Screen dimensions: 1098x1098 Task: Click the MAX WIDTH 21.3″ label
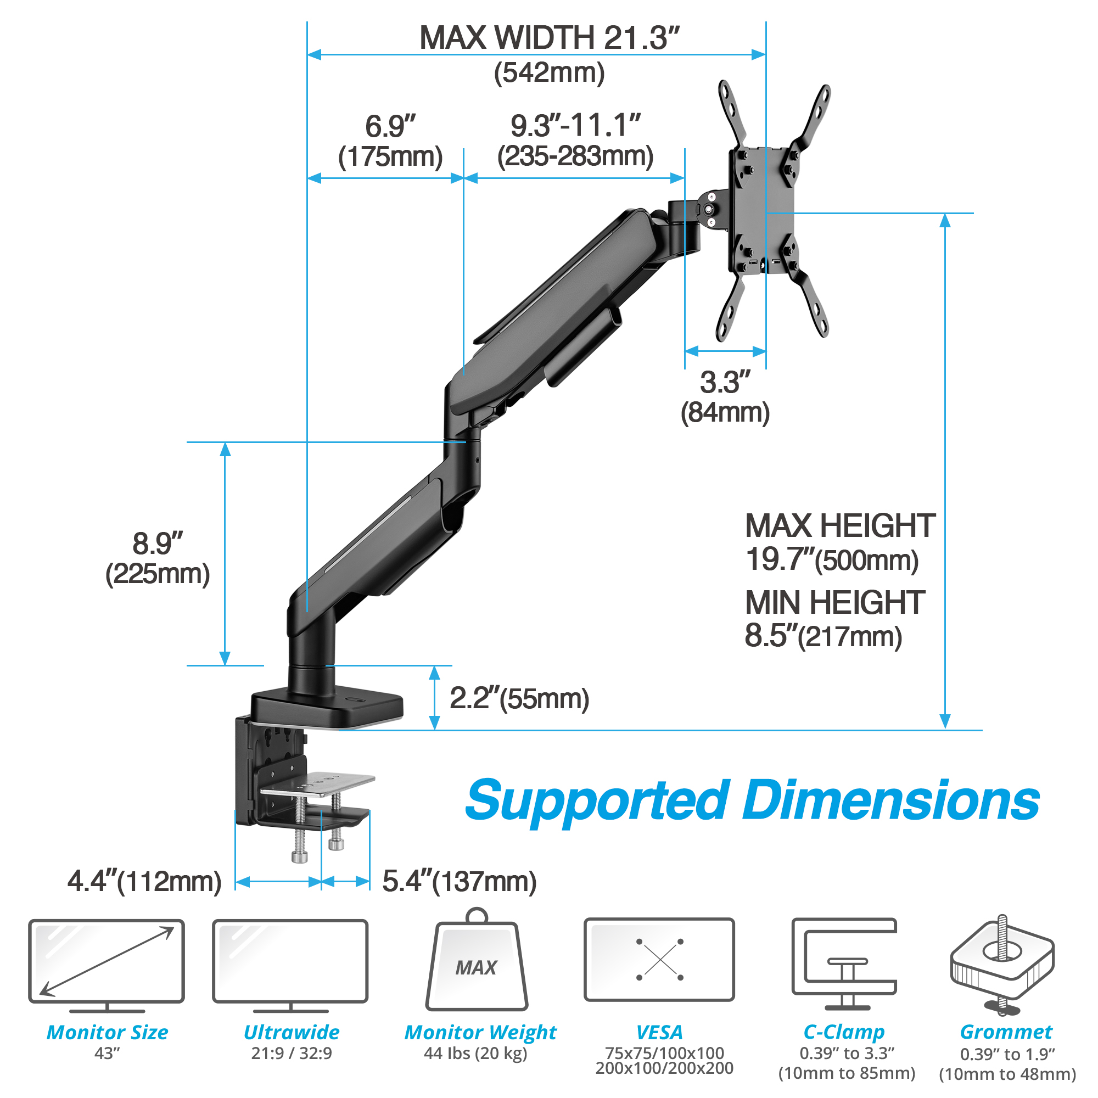click(549, 37)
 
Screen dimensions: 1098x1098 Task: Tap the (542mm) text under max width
click(549, 73)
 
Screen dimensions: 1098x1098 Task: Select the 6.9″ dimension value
click(390, 126)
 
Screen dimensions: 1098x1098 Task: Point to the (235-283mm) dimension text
click(575, 156)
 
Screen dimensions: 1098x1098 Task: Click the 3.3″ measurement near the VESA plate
click(725, 382)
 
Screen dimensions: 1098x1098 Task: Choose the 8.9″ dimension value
click(158, 544)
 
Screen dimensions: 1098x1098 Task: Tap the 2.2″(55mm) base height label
click(519, 698)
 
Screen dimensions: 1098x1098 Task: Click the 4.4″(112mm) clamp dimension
click(144, 882)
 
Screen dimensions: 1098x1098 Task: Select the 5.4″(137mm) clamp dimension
click(459, 882)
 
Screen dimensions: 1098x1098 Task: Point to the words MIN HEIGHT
click(835, 602)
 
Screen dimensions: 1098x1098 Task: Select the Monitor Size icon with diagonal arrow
click(107, 966)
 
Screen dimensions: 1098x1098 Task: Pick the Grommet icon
click(1002, 965)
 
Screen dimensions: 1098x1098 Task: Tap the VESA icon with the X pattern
click(659, 959)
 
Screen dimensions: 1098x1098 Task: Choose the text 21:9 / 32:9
click(292, 1053)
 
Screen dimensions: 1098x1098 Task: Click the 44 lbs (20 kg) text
click(475, 1053)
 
